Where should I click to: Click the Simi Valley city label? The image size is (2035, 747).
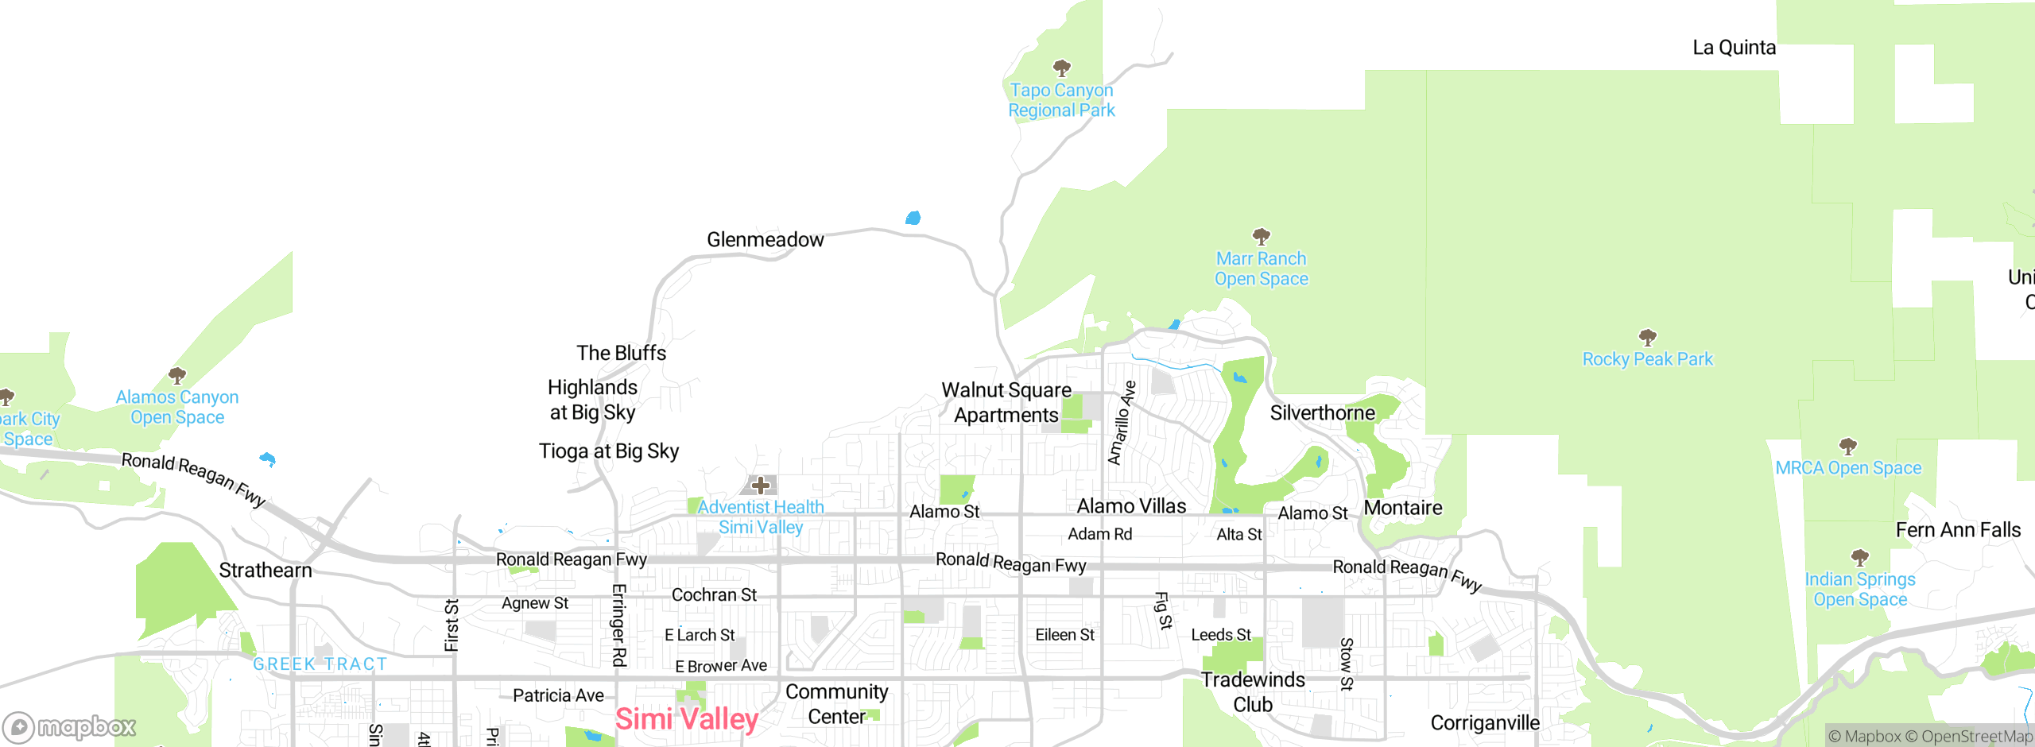click(x=687, y=719)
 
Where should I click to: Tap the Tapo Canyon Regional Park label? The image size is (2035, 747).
click(x=1061, y=101)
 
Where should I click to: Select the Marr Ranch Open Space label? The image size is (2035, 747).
click(x=1261, y=269)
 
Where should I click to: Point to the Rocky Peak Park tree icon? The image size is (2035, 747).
click(x=1648, y=337)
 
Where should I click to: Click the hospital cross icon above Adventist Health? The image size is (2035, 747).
click(x=761, y=485)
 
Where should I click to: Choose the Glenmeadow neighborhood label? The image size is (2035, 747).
click(x=765, y=240)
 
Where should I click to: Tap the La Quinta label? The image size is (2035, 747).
click(x=1734, y=48)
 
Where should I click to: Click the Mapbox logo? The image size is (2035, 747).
click(x=69, y=727)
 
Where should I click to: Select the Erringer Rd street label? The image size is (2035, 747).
click(x=619, y=625)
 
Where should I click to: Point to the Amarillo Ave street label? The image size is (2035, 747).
click(x=1122, y=423)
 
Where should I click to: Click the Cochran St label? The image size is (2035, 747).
click(x=714, y=595)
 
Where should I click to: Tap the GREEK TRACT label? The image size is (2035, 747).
click(x=320, y=664)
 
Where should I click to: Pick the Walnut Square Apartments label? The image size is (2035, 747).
click(x=1006, y=403)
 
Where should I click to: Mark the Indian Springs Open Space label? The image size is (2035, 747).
click(x=1859, y=590)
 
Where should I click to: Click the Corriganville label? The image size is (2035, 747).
click(x=1485, y=723)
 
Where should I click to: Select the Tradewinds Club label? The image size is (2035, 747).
click(x=1253, y=692)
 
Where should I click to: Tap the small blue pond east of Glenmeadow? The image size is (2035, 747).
click(x=913, y=218)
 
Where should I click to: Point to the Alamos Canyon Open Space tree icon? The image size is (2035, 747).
click(x=177, y=375)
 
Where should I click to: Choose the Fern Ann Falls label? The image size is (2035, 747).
click(x=1958, y=530)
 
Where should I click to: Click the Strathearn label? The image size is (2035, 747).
click(x=266, y=571)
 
